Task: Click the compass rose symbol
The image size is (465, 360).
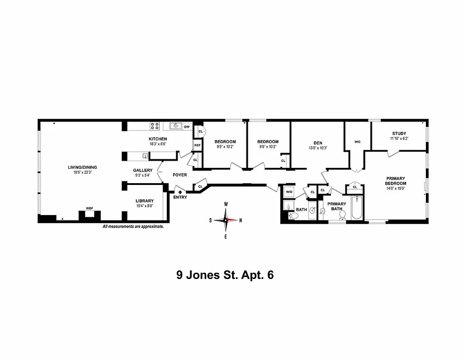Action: tap(226, 220)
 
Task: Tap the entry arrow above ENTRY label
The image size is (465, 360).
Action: tap(180, 192)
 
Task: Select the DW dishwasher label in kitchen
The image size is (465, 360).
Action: tap(187, 127)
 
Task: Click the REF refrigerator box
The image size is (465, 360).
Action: tap(197, 145)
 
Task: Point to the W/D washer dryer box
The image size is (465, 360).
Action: tap(289, 193)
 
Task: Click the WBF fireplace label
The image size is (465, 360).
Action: tap(89, 209)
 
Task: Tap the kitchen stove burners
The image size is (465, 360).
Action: tap(155, 126)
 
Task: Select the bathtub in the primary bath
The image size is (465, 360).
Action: tap(357, 207)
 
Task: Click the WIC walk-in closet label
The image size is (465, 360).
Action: tap(358, 142)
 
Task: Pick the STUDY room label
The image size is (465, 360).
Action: tap(399, 133)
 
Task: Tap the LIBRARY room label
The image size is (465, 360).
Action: tap(145, 201)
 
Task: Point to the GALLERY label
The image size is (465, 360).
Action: tap(142, 170)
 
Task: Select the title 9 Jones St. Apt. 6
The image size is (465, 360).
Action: tap(225, 275)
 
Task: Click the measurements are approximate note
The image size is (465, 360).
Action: tap(133, 227)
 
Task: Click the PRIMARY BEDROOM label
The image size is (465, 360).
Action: tap(395, 180)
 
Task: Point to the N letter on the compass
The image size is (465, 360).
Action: tap(241, 220)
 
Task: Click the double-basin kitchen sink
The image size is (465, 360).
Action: tap(175, 126)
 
